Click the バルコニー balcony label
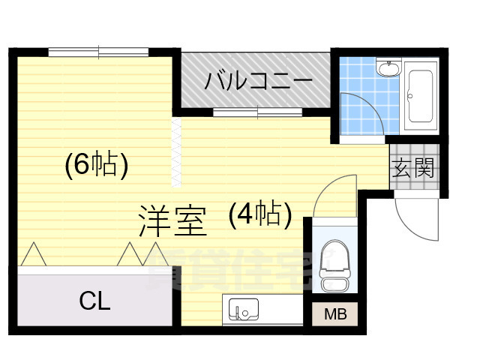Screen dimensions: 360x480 254,79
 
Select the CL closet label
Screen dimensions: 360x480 94,301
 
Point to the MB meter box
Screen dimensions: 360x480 331,314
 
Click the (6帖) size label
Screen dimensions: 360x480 94,164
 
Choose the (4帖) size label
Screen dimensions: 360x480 259,215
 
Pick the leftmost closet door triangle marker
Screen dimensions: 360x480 32,254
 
